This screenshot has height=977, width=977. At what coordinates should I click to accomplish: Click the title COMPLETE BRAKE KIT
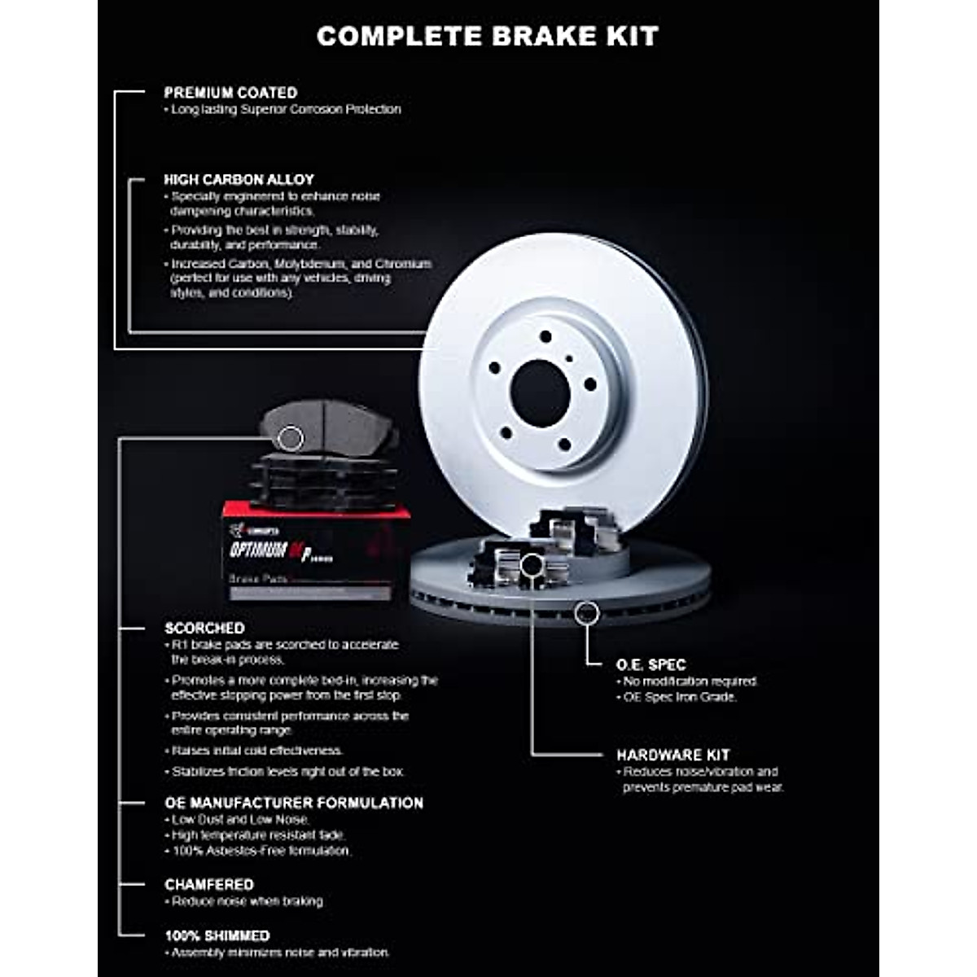click(487, 36)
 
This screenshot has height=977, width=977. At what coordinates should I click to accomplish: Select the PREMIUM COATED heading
click(230, 93)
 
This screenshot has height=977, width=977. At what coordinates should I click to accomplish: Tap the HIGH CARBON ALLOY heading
click(239, 179)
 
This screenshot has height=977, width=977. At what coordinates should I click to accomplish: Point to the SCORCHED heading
click(204, 628)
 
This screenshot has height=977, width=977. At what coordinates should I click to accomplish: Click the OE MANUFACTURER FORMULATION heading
click(294, 803)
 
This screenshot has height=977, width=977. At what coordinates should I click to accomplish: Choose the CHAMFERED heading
click(209, 884)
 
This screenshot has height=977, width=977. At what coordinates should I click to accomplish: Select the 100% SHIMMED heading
click(217, 935)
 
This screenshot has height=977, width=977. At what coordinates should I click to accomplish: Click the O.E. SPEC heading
click(651, 664)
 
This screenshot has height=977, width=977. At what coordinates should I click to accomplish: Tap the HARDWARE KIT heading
click(673, 755)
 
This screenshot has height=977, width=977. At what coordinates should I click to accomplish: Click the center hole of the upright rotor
click(539, 392)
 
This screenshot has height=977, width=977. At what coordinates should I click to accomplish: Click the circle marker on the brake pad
click(291, 438)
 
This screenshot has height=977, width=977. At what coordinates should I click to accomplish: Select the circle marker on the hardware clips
click(532, 563)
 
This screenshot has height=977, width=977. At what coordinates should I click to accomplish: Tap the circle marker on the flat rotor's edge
click(586, 613)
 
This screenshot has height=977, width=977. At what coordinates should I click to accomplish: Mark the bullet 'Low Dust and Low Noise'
click(240, 819)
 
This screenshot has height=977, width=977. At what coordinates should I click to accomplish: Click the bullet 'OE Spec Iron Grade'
click(680, 697)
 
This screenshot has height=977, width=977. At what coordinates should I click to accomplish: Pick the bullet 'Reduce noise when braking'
click(248, 901)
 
